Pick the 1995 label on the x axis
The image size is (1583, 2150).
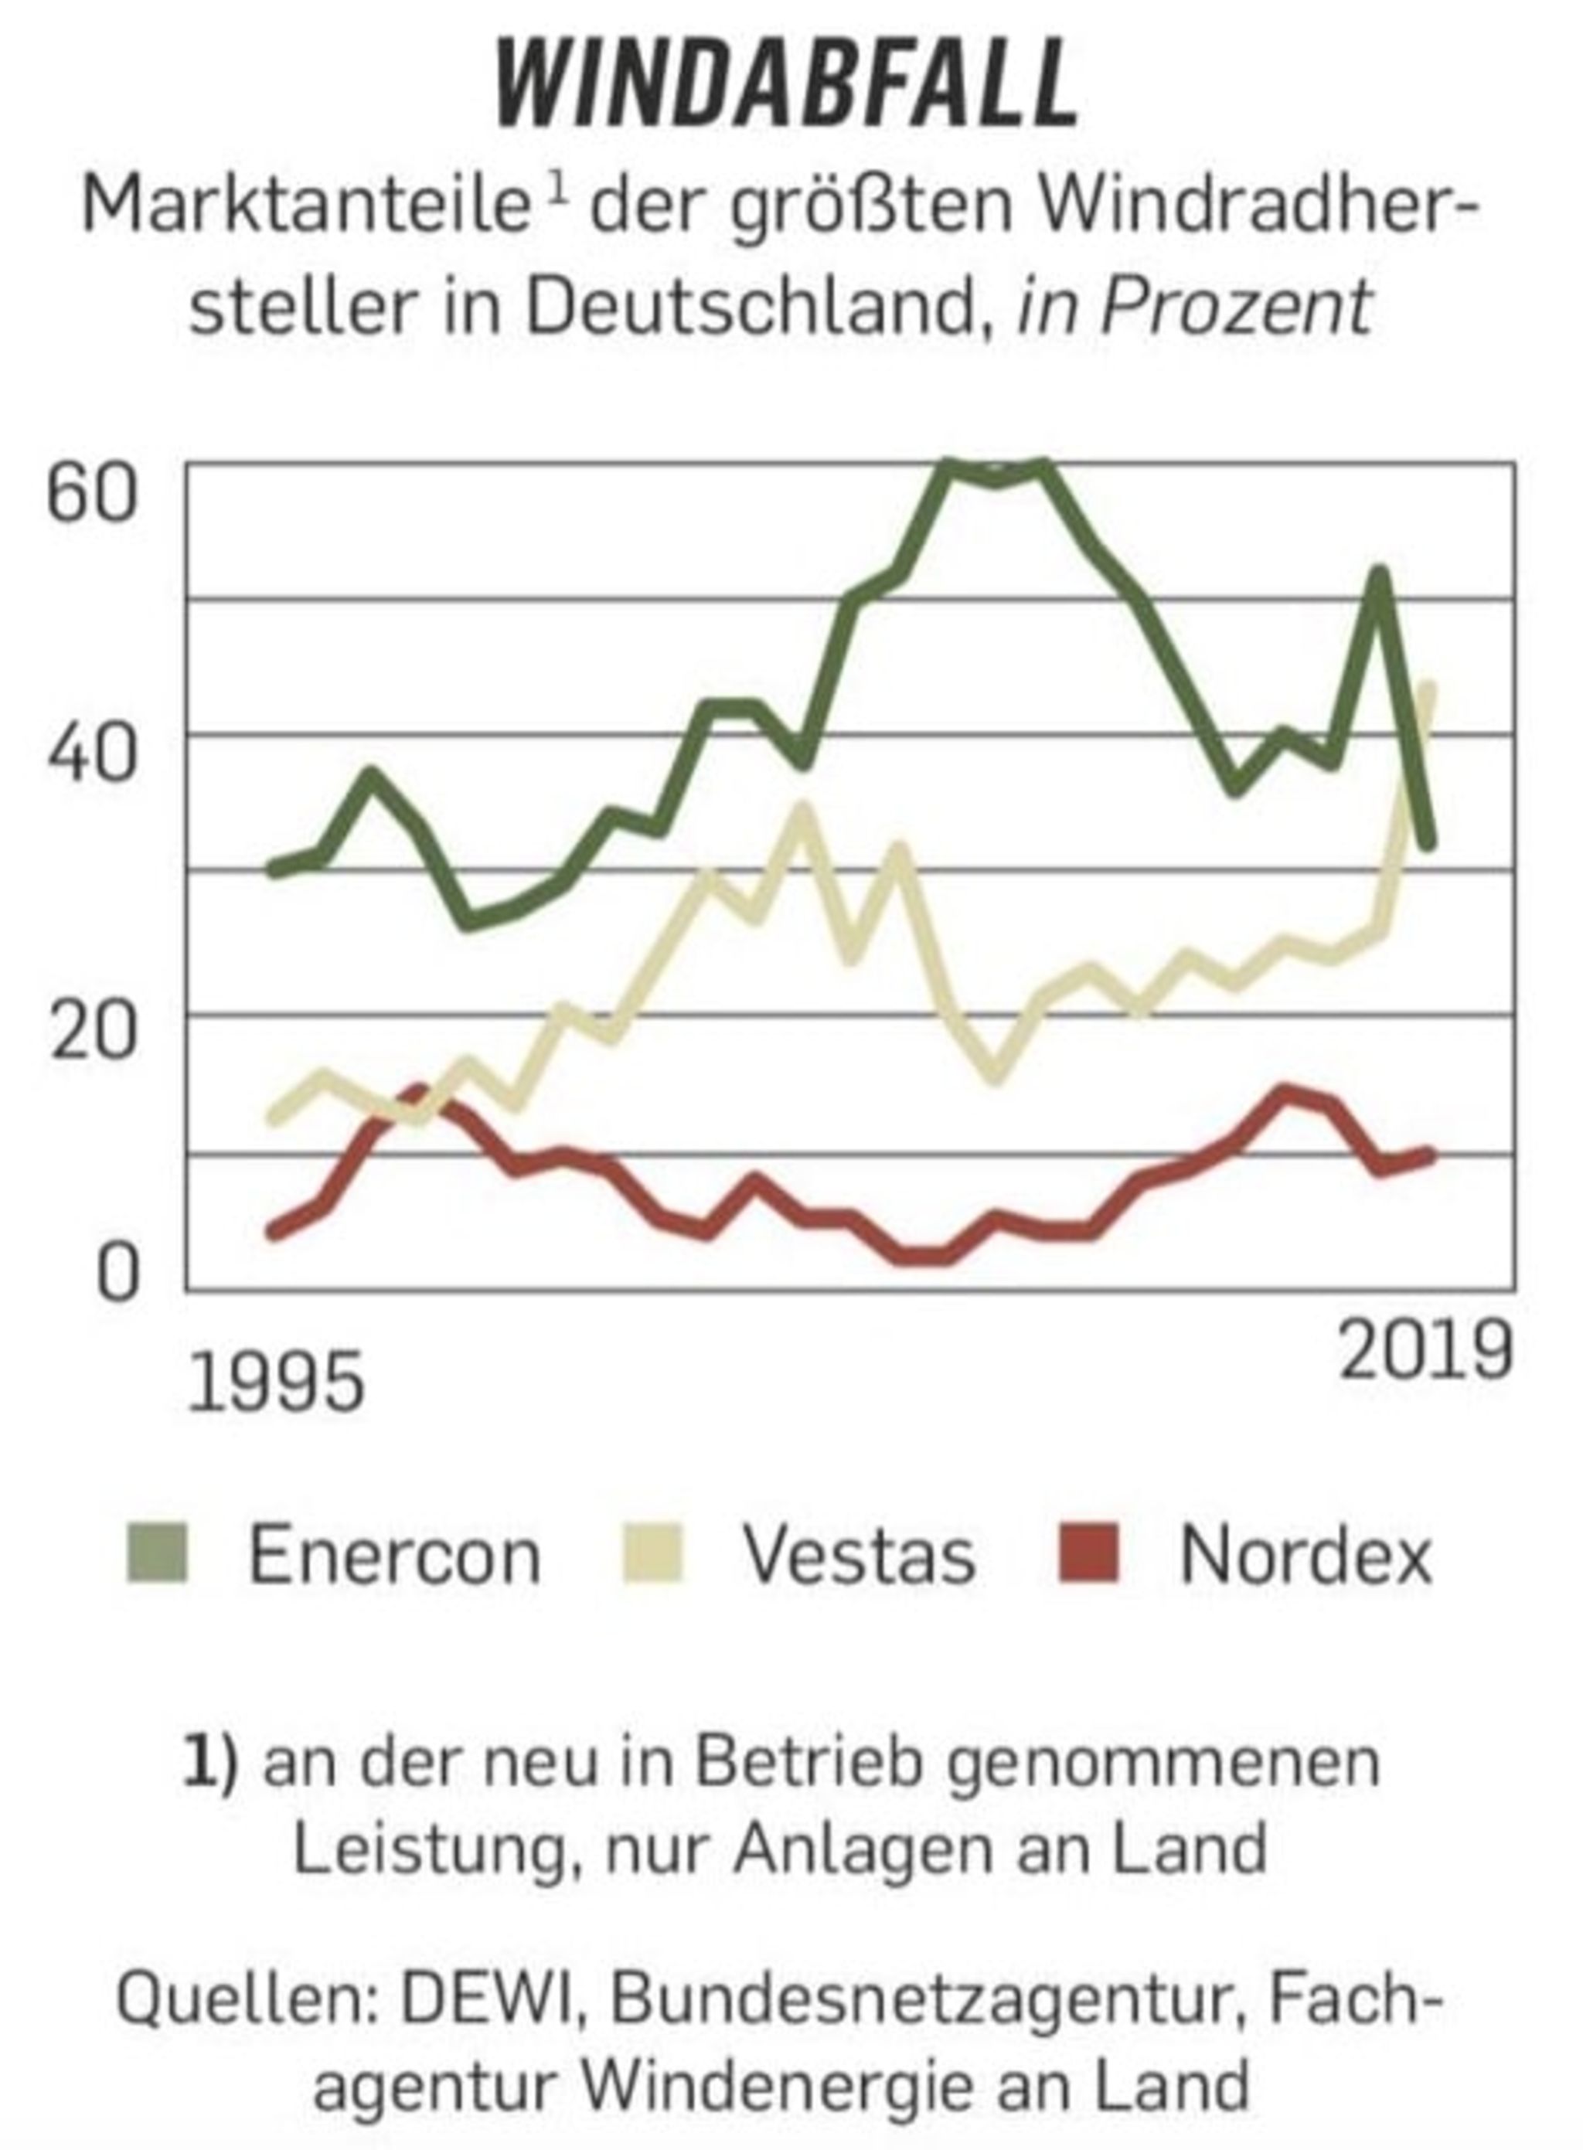277,1383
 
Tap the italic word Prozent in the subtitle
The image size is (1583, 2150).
1236,309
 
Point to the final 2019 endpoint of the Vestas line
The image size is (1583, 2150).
1428,688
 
